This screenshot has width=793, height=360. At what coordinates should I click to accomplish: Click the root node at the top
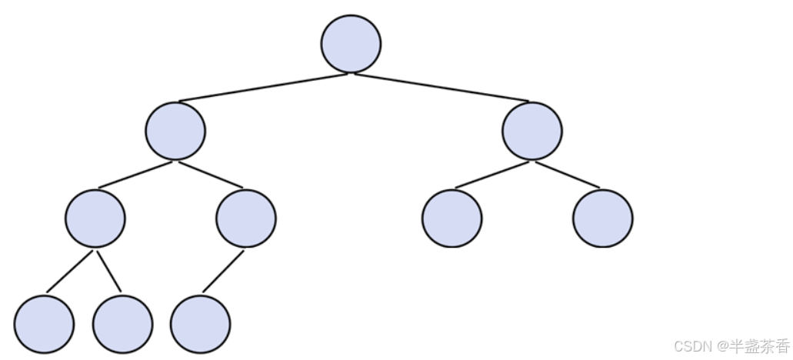[x=351, y=44]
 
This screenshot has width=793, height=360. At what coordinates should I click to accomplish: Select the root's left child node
[x=175, y=131]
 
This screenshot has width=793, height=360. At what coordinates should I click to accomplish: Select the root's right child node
[x=532, y=131]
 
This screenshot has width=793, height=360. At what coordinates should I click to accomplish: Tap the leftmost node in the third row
[x=95, y=218]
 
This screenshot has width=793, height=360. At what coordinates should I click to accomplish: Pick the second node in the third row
[x=246, y=218]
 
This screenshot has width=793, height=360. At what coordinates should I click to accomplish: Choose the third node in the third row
[x=452, y=218]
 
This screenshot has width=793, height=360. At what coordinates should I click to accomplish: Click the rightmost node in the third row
[x=603, y=218]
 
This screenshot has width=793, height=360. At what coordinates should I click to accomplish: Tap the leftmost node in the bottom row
[x=44, y=324]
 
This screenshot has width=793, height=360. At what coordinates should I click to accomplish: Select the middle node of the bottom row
[x=122, y=324]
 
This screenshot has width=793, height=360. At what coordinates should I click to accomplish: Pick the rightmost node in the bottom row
[x=200, y=324]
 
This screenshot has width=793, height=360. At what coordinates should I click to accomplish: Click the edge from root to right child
[x=441, y=87]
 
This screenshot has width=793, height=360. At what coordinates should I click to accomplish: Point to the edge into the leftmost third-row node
[x=135, y=175]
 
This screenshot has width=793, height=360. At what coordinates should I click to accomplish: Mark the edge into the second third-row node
[x=211, y=175]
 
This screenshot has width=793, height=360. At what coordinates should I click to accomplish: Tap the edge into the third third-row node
[x=492, y=175]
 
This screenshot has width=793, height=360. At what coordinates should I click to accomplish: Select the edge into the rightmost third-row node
[x=568, y=175]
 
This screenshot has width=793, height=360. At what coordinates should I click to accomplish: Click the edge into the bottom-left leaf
[x=70, y=271]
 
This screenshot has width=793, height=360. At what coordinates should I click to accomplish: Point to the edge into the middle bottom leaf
[x=109, y=271]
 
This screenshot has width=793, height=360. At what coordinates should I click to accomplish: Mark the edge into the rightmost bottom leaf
[x=223, y=271]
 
